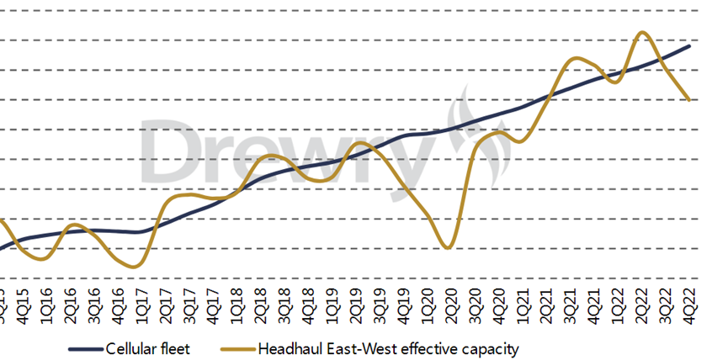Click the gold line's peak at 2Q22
point(642,33)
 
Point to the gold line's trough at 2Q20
point(449,248)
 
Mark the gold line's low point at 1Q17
point(136,267)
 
